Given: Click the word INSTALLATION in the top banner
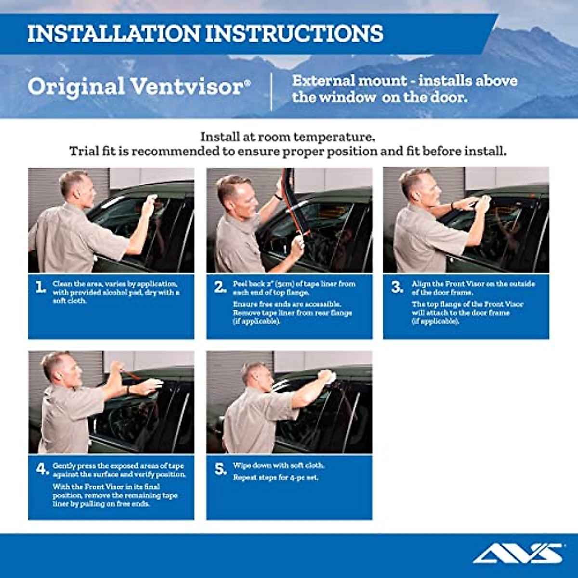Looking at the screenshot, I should (x=114, y=34).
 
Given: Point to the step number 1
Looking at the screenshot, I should (x=40, y=288).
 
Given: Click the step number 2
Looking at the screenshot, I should (x=220, y=288).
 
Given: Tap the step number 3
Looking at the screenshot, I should (x=397, y=288).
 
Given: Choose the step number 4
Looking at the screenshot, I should (x=42, y=469).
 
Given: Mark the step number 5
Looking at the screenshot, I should (x=220, y=469).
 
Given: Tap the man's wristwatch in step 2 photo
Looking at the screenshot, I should (x=278, y=197).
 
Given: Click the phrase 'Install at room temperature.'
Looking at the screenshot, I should (x=288, y=137).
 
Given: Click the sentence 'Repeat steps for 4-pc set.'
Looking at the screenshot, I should (x=276, y=478).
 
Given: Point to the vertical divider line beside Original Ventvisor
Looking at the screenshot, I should (x=272, y=92).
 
